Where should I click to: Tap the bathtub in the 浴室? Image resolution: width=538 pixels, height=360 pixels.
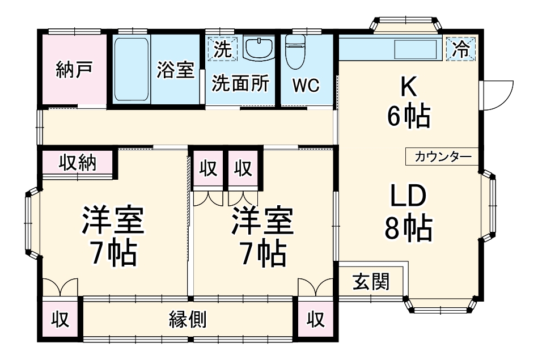point(132,69)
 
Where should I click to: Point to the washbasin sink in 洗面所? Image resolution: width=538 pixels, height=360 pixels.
point(259,48)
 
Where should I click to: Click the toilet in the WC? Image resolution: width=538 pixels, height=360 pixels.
point(295,53)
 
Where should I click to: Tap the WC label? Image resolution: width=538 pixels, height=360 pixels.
point(306,86)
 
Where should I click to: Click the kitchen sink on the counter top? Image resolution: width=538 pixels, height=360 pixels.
point(416,49)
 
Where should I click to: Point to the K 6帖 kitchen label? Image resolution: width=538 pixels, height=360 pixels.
point(409,102)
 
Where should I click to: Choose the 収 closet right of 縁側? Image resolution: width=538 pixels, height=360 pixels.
point(316,319)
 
